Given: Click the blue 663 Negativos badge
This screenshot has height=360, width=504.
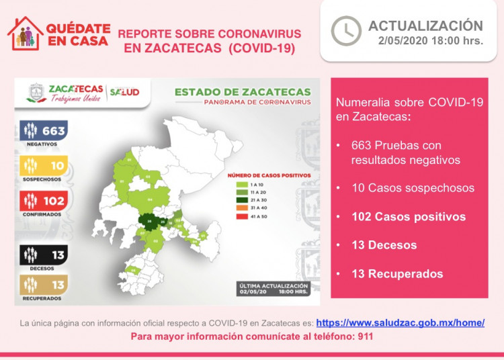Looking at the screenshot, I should [44, 131].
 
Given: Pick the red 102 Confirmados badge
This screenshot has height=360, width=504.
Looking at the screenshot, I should [44, 201].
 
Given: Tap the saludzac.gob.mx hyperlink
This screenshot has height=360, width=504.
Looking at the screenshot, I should [400, 322].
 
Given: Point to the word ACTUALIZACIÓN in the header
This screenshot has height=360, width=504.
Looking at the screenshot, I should [425, 26].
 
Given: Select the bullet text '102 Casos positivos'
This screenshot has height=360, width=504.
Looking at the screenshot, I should [408, 217].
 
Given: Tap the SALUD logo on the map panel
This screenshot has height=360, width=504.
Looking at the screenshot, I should [124, 91].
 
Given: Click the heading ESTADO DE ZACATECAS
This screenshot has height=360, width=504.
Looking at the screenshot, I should [243, 92].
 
